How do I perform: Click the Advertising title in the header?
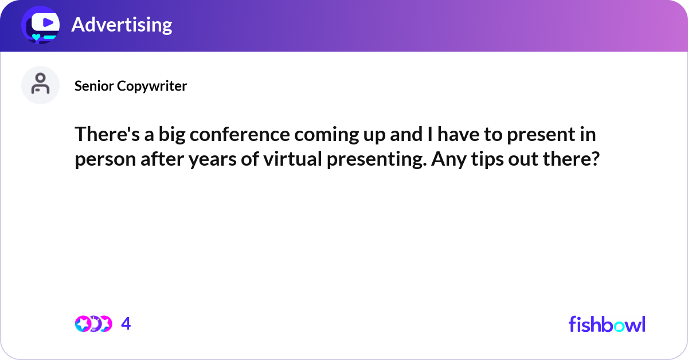122,25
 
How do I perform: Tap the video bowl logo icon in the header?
41,25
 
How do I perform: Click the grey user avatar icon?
40,85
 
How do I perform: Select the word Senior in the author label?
93,86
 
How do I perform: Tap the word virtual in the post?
292,159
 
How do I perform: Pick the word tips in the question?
478,159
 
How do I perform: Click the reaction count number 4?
126,324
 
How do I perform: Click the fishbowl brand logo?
607,324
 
